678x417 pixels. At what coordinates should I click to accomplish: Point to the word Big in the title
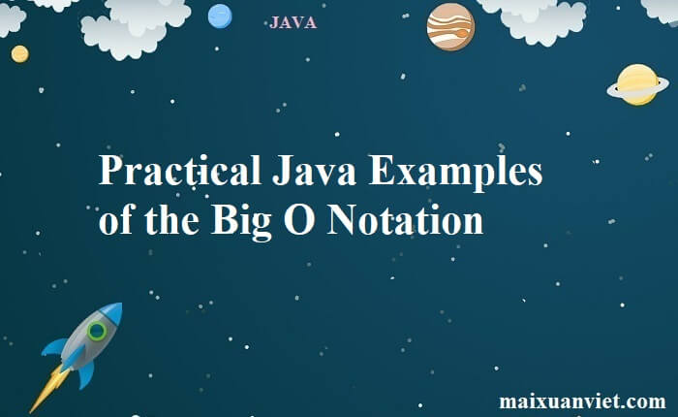coord(239,220)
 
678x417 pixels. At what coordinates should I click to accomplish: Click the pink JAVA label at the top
coord(293,22)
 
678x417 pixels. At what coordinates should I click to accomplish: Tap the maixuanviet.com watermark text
coord(582,401)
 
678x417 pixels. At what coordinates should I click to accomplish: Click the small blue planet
coord(220,16)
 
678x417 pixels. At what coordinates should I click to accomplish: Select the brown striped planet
coord(450,26)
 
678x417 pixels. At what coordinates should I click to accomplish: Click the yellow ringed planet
coord(637,84)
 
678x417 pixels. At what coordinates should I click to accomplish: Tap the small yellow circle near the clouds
coord(19,54)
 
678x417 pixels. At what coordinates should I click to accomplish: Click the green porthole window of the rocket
coord(97,332)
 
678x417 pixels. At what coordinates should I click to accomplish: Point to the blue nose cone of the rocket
coord(112,312)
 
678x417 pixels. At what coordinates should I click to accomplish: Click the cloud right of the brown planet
coord(542,16)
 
